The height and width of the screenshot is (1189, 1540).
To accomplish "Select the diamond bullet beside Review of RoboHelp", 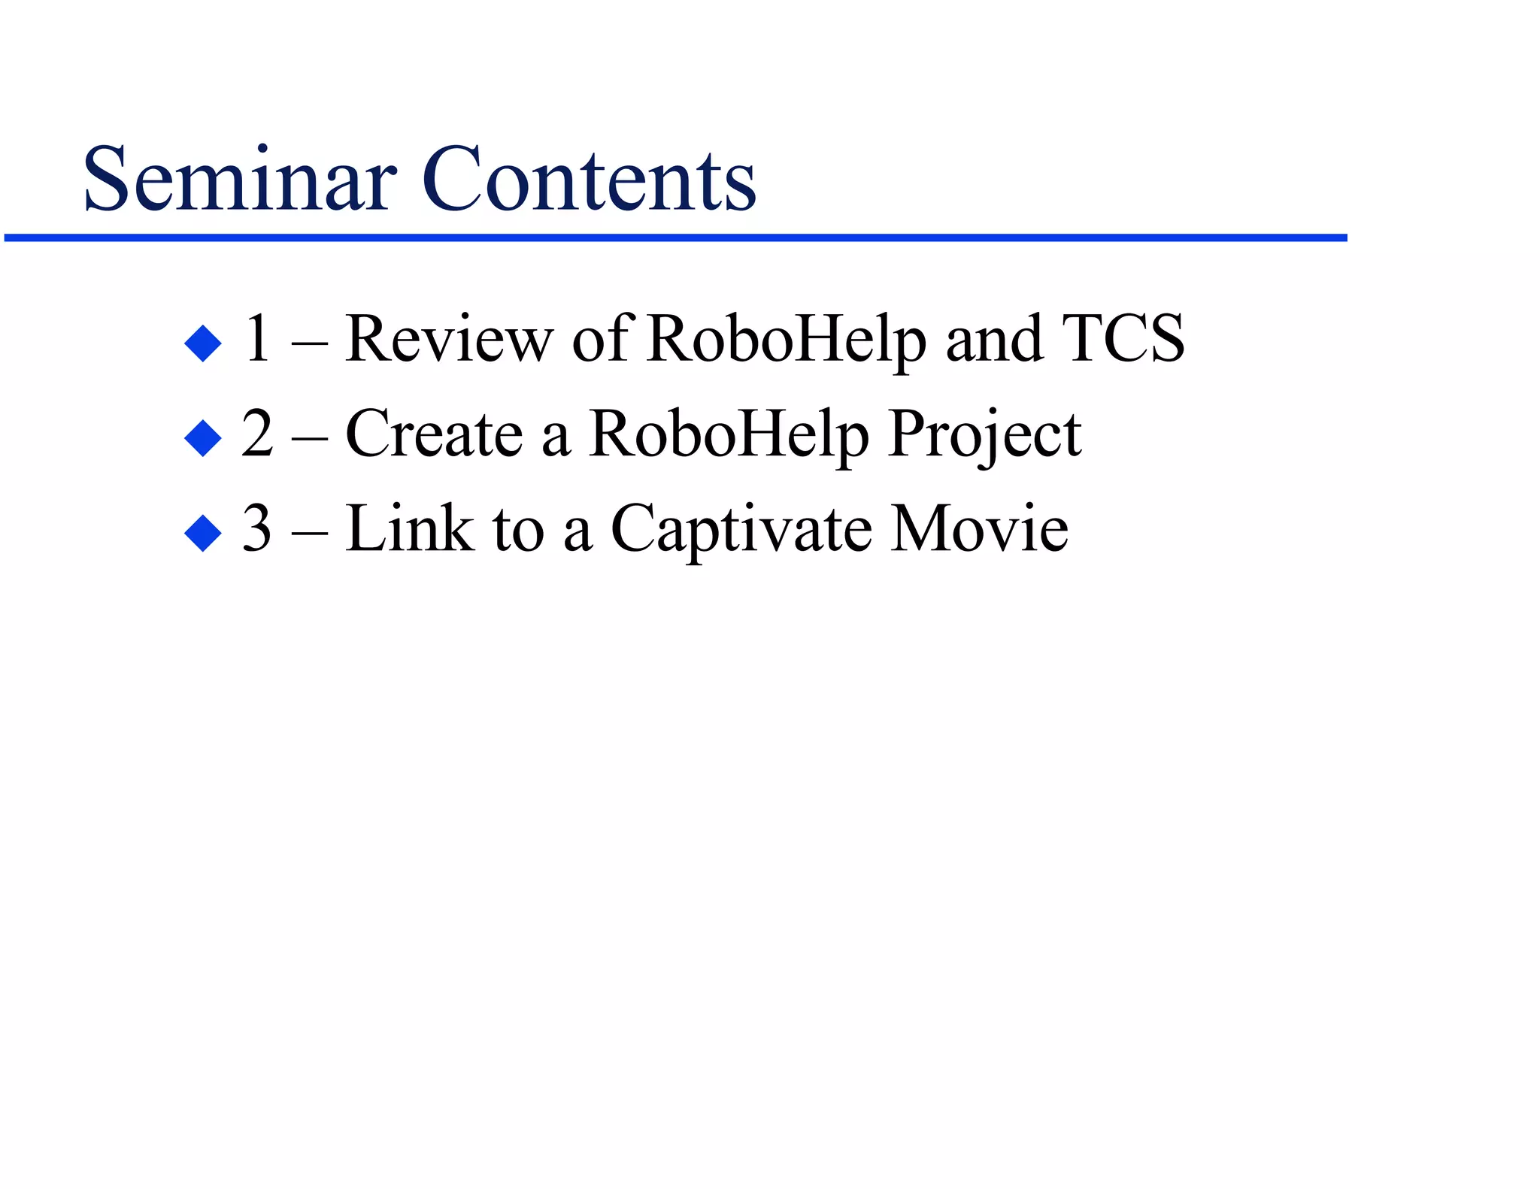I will [203, 343].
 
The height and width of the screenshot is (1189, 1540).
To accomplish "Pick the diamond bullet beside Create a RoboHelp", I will [203, 438].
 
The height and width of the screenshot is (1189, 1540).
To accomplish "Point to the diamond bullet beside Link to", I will [203, 533].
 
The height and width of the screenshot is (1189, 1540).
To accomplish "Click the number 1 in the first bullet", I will [258, 339].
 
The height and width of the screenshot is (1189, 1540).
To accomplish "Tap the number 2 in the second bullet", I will [257, 434].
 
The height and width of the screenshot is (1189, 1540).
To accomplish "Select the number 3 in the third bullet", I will [257, 528].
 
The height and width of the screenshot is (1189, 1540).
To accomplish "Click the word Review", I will [449, 339].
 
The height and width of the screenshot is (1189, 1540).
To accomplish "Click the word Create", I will [434, 434].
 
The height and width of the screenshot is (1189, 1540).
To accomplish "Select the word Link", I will [410, 528].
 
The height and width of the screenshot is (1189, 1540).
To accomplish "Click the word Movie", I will [979, 528].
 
